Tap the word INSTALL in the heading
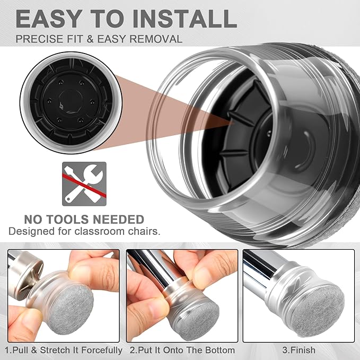[x=185, y=19]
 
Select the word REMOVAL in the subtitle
[x=156, y=39]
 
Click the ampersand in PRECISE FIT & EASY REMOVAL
[x=90, y=39]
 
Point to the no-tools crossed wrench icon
[x=84, y=184]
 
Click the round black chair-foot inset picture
[x=71, y=103]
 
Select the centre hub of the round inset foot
[x=71, y=101]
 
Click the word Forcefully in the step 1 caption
[x=102, y=350]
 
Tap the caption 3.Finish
[x=299, y=350]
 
